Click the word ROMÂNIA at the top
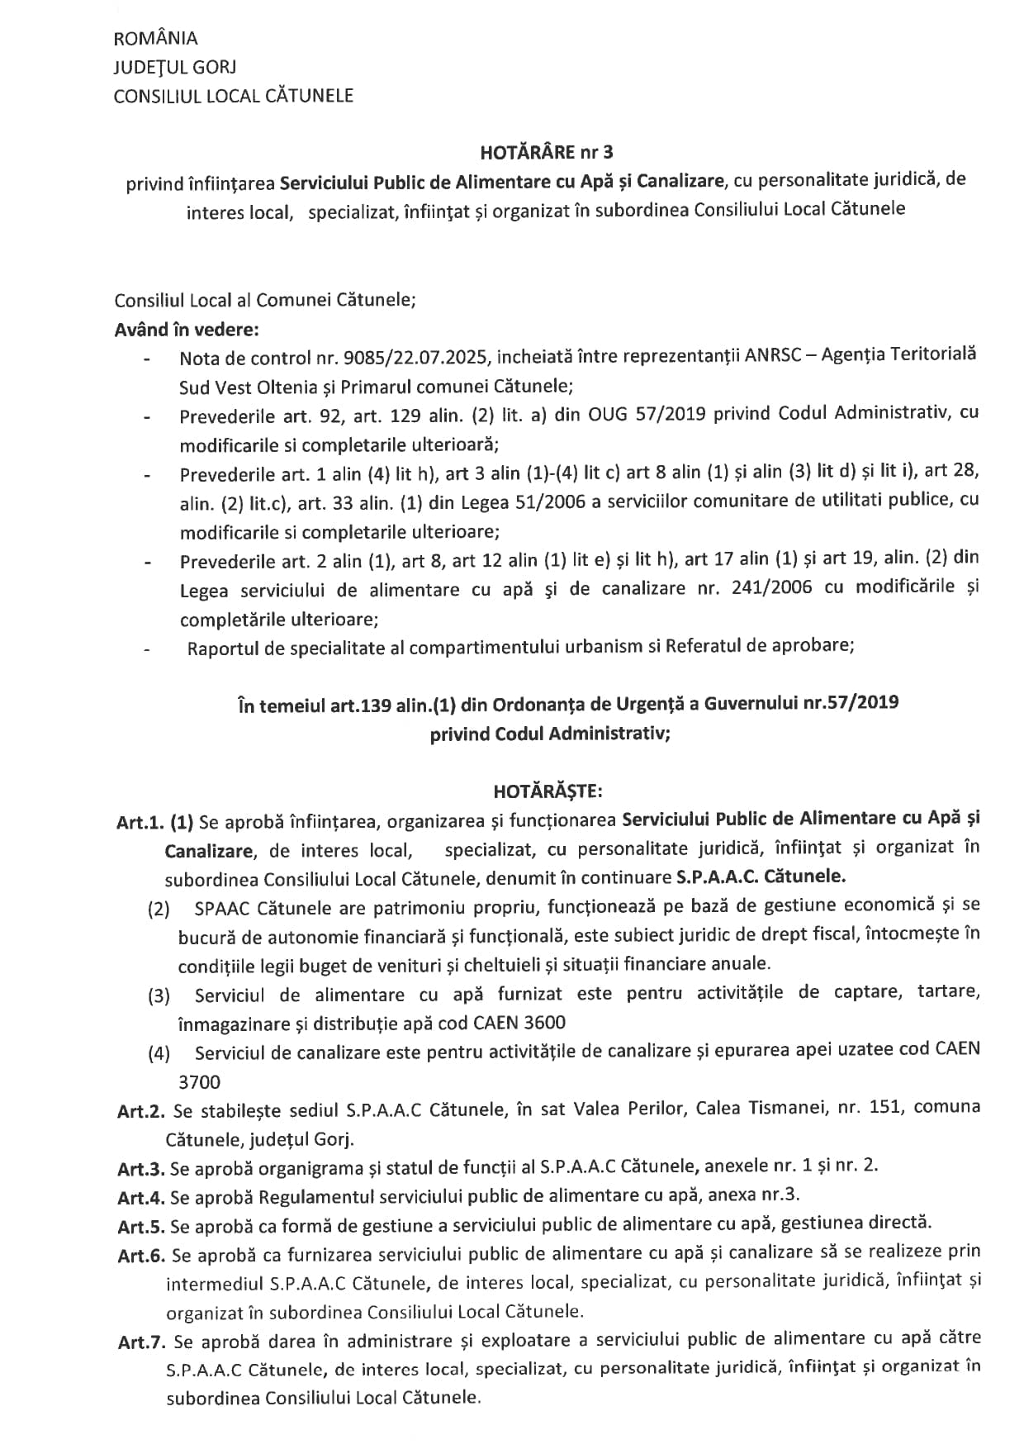[155, 38]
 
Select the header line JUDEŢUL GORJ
[174, 67]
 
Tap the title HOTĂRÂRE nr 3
[546, 152]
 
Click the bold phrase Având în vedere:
[187, 329]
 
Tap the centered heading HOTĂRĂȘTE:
[548, 791]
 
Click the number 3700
[199, 1081]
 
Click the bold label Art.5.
[141, 1225]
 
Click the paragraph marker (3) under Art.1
[159, 995]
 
